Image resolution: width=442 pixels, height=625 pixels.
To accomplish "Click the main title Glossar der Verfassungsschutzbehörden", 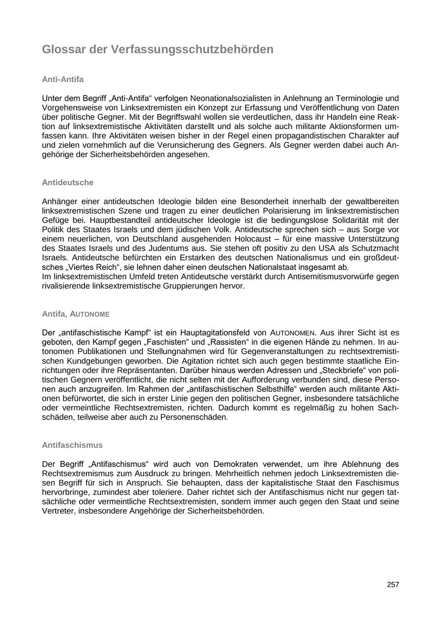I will click(158, 50).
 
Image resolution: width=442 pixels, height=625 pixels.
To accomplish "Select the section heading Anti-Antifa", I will click(63, 79).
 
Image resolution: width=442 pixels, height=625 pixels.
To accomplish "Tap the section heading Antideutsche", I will click(67, 182).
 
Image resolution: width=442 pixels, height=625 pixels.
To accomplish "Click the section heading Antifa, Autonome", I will click(76, 314).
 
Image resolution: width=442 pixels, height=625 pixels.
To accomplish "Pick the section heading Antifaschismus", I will click(72, 445).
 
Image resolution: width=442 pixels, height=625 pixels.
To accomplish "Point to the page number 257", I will click(393, 585).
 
